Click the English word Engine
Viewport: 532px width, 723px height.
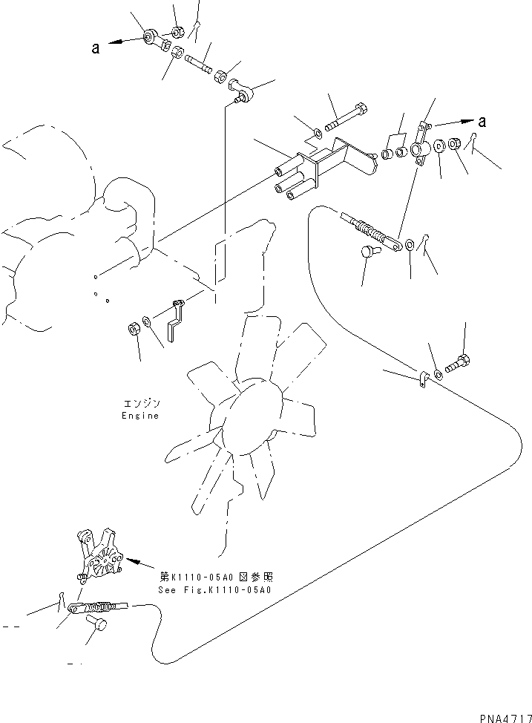pyautogui.click(x=140, y=416)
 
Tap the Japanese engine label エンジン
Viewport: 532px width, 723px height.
pyautogui.click(x=140, y=404)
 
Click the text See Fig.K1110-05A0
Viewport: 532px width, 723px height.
pyautogui.click(x=214, y=591)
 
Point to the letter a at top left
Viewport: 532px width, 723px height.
pyautogui.click(x=95, y=48)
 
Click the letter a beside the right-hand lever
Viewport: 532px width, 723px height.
pyautogui.click(x=483, y=121)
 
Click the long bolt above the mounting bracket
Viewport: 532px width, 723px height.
pyautogui.click(x=347, y=118)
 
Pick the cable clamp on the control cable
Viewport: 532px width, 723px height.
pyautogui.click(x=419, y=382)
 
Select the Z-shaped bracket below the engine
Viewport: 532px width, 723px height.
pyautogui.click(x=176, y=320)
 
